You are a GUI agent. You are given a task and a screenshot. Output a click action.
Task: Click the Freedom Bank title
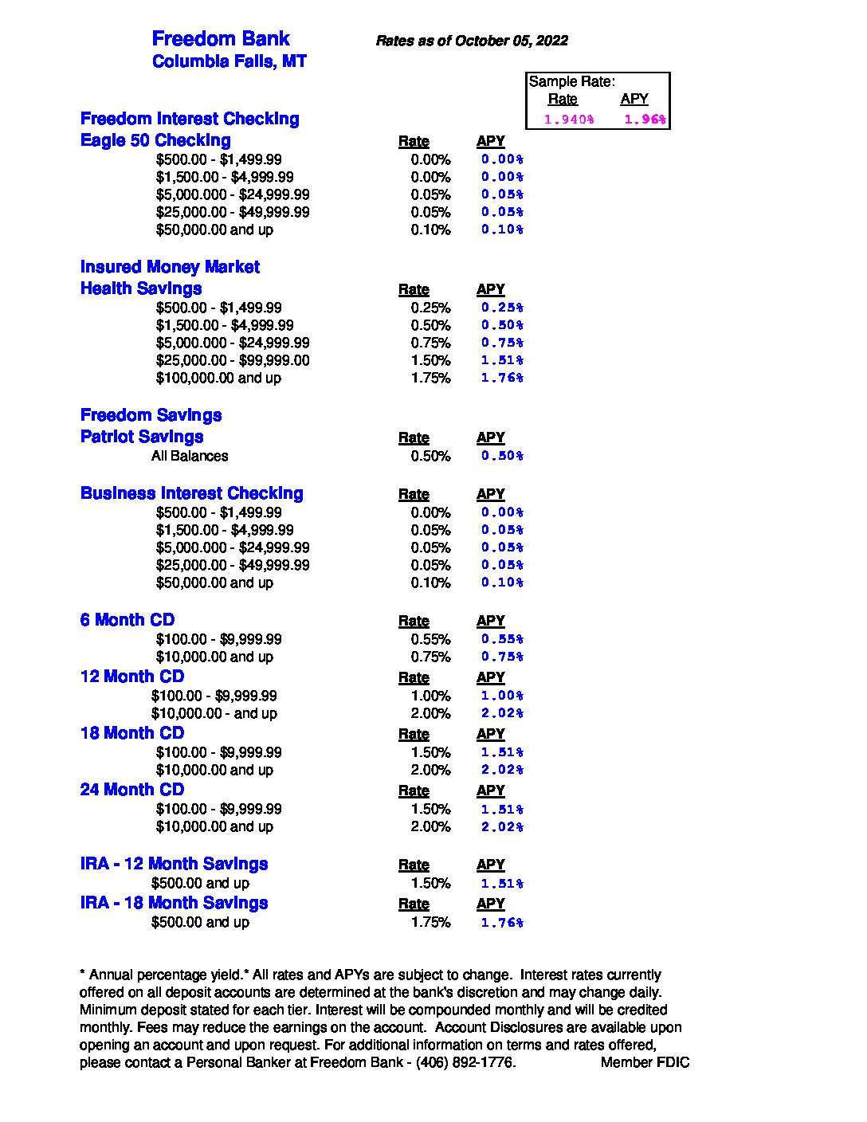tap(220, 39)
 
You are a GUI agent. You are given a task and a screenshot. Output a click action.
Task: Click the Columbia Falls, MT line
tap(229, 61)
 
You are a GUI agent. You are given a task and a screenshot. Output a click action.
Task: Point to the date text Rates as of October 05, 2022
tap(471, 41)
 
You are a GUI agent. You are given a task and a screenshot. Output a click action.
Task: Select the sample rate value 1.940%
tap(568, 120)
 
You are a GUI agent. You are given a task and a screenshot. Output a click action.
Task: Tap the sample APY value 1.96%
tap(645, 120)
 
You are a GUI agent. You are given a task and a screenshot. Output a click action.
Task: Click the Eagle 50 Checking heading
tap(155, 140)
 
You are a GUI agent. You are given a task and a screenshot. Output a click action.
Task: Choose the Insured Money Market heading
tap(170, 267)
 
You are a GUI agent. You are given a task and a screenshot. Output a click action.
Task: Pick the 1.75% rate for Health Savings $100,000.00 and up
tap(430, 378)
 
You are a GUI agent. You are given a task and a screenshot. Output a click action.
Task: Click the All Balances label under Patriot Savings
tap(190, 456)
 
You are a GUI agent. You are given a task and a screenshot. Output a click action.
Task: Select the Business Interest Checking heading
tap(191, 493)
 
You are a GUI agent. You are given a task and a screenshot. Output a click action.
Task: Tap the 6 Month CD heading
tap(127, 620)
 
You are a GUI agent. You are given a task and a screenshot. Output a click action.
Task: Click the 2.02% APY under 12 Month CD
tap(502, 713)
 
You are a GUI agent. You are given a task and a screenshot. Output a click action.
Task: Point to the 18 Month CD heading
tap(132, 733)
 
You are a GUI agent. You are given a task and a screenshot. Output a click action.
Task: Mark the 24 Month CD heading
tap(132, 790)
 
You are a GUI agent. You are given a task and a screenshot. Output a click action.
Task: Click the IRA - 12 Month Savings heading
tap(174, 864)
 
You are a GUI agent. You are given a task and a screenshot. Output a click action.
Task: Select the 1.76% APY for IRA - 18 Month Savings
tap(502, 923)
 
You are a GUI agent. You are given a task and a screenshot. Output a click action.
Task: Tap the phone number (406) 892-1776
tap(465, 1062)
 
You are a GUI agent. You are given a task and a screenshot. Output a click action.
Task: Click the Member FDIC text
tap(645, 1062)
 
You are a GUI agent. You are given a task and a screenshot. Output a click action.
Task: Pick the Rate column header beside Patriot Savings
tap(414, 437)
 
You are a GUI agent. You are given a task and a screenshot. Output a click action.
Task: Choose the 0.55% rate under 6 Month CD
tap(430, 639)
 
